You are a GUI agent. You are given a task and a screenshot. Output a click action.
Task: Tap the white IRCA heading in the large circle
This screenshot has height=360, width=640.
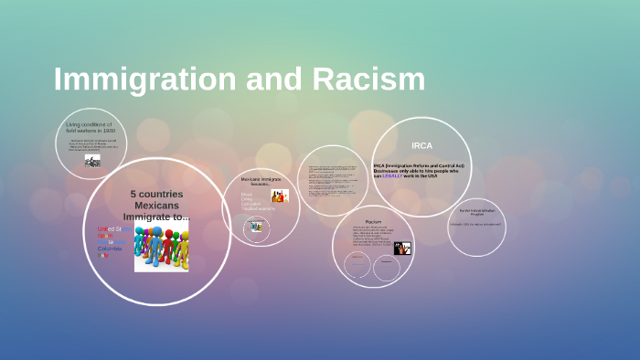[x=421, y=145]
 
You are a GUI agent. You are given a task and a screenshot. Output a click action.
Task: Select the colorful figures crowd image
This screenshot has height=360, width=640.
[x=162, y=244]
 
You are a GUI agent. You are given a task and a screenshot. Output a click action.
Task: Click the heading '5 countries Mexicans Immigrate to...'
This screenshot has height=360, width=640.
[x=156, y=206]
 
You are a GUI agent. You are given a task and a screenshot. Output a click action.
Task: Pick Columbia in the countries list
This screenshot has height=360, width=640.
[x=110, y=249]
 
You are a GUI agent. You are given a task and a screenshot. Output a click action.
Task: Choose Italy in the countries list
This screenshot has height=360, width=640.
[x=103, y=256]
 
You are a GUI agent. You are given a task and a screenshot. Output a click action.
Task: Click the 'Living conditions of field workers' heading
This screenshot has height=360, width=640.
[x=89, y=128]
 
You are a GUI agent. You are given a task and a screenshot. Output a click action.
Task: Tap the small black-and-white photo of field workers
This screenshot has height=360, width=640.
[x=92, y=160]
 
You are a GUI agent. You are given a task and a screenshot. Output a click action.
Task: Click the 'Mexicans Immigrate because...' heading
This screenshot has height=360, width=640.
[x=261, y=182]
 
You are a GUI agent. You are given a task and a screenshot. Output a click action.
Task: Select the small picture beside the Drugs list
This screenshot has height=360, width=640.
[x=280, y=196]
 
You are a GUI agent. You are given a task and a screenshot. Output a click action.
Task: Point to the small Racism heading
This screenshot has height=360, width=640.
[x=373, y=222]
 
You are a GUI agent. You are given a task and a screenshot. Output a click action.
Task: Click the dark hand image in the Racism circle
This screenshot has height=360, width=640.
[x=402, y=248]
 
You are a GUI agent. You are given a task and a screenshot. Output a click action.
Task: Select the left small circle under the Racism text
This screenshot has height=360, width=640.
[x=357, y=265]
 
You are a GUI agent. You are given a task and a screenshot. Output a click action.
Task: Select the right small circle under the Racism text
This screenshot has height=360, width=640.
[x=387, y=267]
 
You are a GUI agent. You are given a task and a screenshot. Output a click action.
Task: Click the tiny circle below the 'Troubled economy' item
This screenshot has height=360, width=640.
[x=256, y=226]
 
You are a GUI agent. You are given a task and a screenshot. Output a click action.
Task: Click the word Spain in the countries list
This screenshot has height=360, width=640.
[x=106, y=236]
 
